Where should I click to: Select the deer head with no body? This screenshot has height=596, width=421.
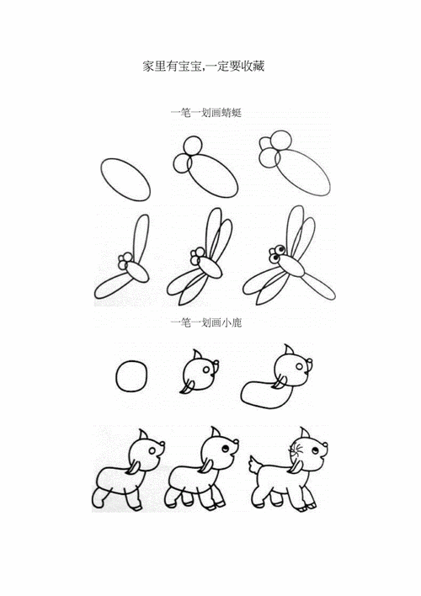tap(200, 372)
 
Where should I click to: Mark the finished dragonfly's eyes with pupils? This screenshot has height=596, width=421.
tap(275, 251)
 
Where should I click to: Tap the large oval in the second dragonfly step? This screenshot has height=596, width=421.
tap(210, 177)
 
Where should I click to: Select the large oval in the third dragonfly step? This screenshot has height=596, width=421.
tap(299, 173)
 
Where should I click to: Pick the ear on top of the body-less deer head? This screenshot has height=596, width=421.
tap(196, 355)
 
